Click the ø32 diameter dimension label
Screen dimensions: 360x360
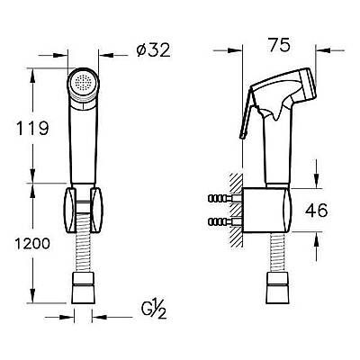click(x=153, y=49)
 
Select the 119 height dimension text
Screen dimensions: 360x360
click(x=32, y=128)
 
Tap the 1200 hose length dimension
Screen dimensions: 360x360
click(x=32, y=244)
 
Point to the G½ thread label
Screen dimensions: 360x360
click(x=154, y=310)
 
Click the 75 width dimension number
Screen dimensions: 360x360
click(x=280, y=45)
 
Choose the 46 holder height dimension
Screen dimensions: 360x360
click(x=316, y=210)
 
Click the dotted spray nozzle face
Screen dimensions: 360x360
click(x=83, y=82)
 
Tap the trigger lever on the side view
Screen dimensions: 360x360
click(x=247, y=112)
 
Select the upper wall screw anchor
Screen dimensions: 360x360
click(x=222, y=198)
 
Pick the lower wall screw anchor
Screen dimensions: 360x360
click(x=222, y=222)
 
